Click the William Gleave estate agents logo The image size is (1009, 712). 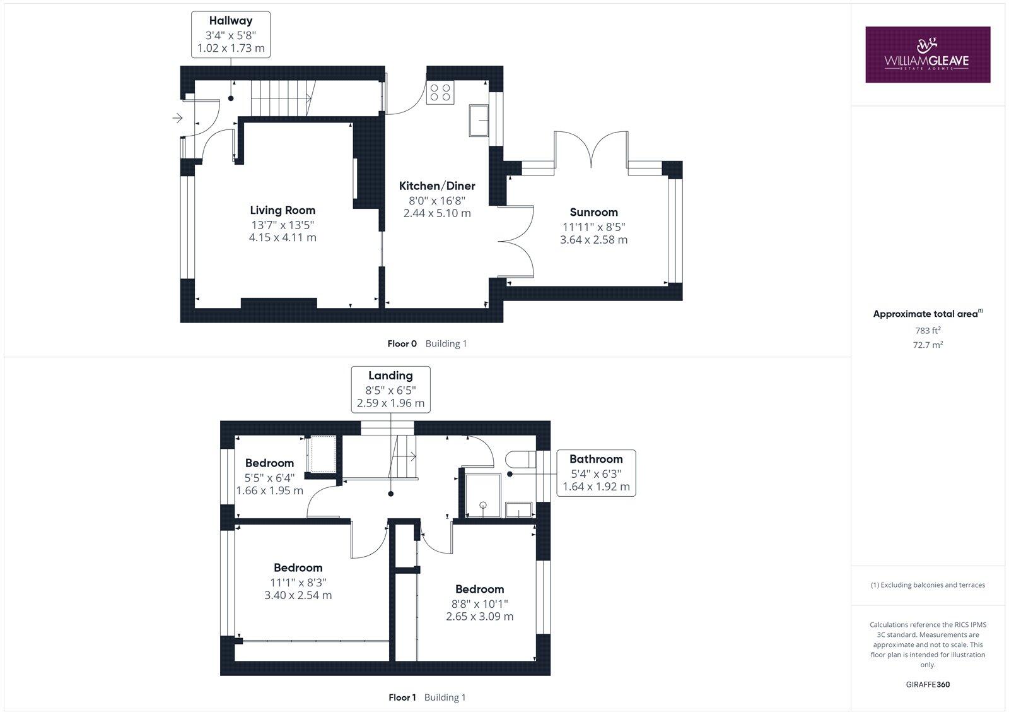point(927,54)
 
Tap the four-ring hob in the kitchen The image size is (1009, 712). point(440,93)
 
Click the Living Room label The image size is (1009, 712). point(283,210)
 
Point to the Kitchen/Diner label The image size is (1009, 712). point(437,186)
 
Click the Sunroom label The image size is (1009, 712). point(593,212)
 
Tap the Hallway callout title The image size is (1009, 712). point(231,21)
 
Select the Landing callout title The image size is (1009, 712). point(390,376)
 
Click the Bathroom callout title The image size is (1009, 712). point(596,459)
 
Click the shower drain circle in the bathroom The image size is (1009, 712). point(483,505)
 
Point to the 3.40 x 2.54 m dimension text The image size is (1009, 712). point(298,595)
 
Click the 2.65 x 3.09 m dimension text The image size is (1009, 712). point(479,616)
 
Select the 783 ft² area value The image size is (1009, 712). point(928,330)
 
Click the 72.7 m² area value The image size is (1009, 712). point(928,345)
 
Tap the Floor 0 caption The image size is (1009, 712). point(402,344)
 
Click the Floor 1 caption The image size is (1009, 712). point(402,697)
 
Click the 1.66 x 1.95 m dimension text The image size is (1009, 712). point(269,490)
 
